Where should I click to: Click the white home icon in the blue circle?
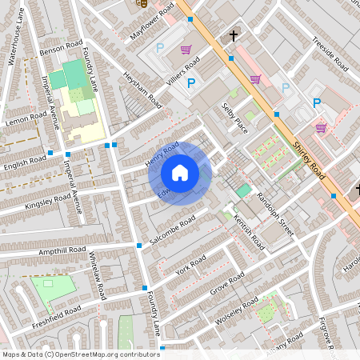coord(180,172)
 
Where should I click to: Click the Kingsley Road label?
coord(48,201)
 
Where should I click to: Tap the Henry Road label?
coord(161,154)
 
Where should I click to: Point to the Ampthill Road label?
coord(61,251)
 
